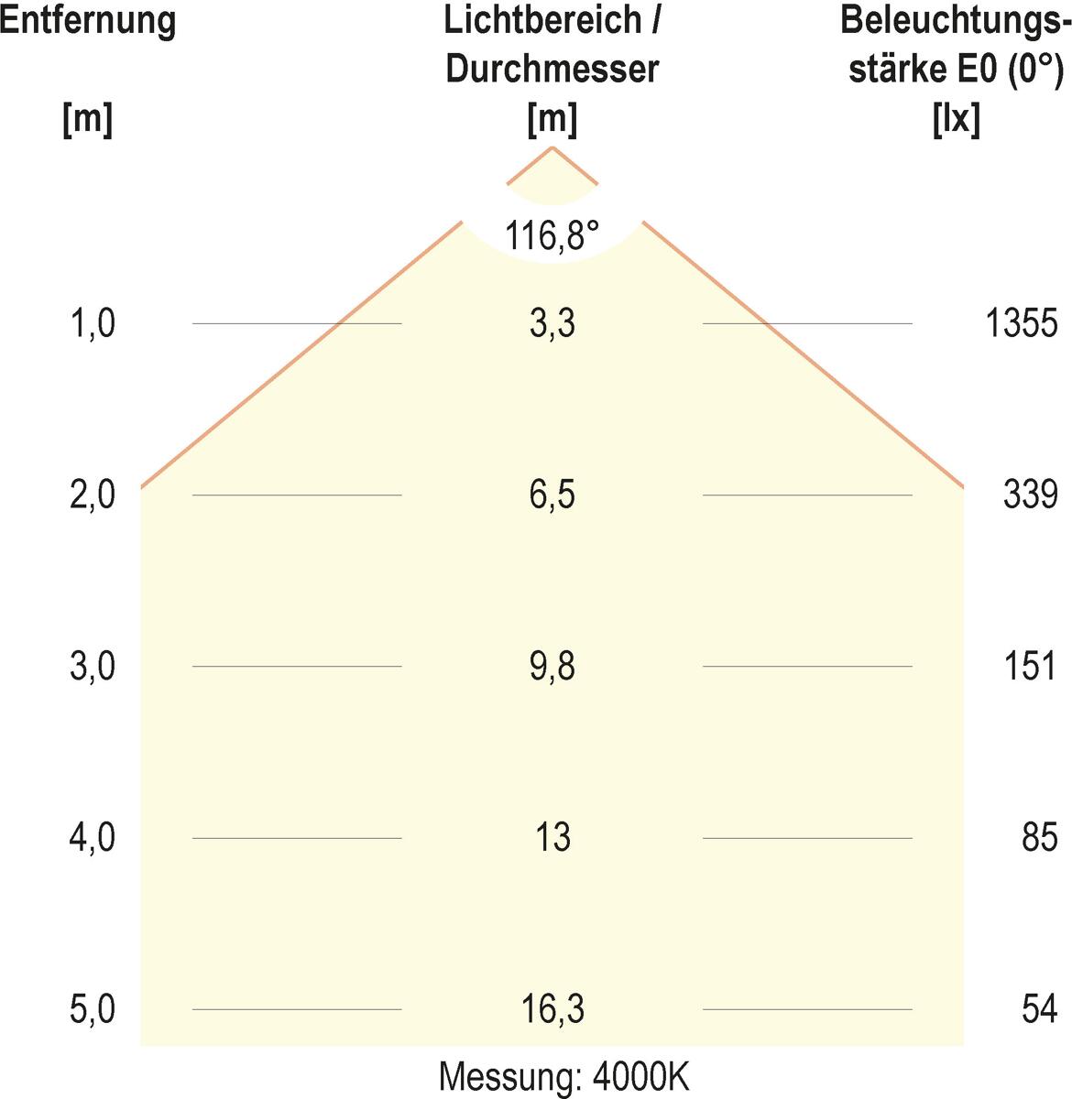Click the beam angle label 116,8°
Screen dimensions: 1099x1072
point(552,236)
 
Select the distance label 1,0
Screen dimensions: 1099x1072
point(93,323)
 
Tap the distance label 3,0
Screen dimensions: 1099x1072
point(93,666)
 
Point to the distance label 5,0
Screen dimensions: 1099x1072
point(93,1009)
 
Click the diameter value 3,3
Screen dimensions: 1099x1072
point(552,323)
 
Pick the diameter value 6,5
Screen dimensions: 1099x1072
point(552,495)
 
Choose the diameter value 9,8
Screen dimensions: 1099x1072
point(552,666)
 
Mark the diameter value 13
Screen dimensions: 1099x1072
point(552,837)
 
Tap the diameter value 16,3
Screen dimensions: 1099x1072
point(552,1009)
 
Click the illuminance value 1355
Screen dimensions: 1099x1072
point(1022,323)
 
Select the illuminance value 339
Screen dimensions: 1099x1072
point(1031,495)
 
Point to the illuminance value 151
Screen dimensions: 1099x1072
point(1031,666)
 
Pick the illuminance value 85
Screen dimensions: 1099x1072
point(1040,837)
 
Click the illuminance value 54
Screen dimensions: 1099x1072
point(1040,1009)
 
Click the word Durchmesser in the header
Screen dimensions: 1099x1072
point(552,70)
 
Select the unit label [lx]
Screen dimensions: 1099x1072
point(956,119)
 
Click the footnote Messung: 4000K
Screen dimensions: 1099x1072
point(563,1077)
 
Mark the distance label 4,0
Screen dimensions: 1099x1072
point(93,837)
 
